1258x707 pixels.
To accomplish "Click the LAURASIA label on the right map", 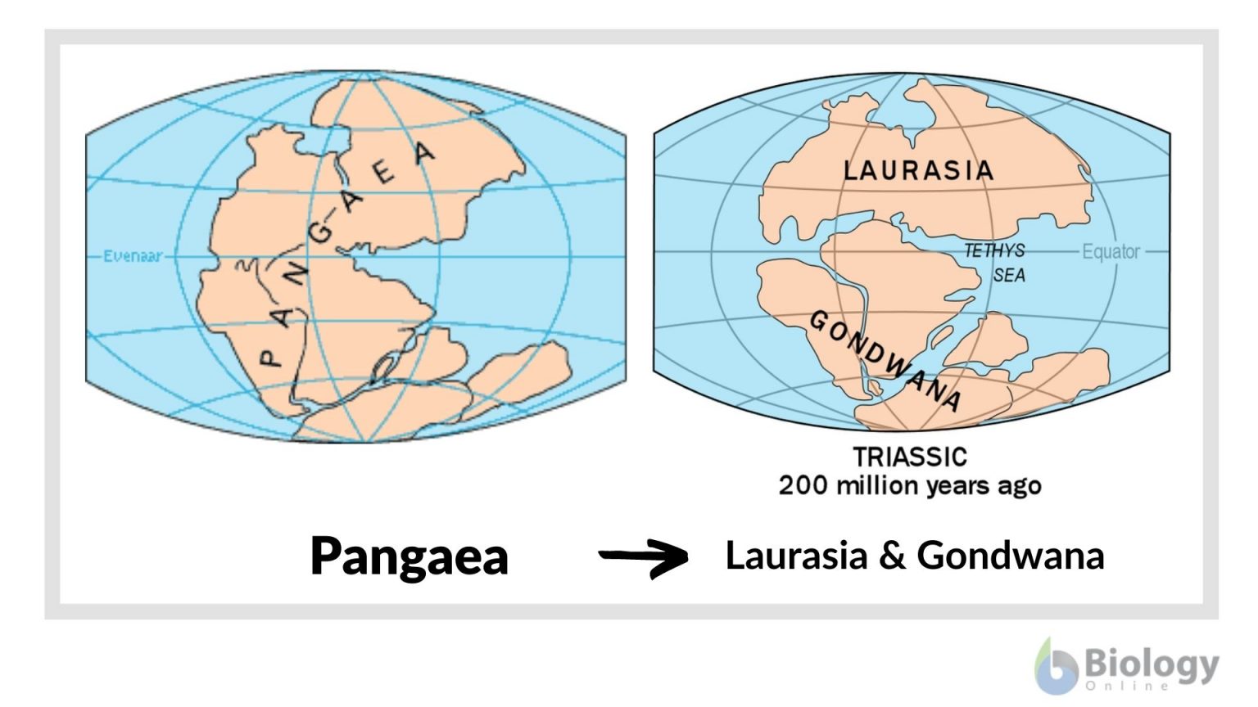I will coord(918,170).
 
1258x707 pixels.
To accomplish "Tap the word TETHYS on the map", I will coord(993,250).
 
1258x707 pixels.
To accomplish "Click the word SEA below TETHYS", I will coord(1009,276).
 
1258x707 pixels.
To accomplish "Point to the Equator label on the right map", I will coord(1111,251).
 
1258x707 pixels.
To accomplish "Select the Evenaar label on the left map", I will coord(132,256).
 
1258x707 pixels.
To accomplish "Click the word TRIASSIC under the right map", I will coord(910,457).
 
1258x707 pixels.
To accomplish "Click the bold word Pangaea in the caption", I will coord(409,557).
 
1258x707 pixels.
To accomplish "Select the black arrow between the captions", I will coord(645,557).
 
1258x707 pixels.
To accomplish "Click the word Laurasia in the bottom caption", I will coord(796,556).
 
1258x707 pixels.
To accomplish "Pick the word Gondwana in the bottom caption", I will coord(1010,556).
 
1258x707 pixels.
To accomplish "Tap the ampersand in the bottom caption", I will coord(892,556).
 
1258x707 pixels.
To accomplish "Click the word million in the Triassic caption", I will coord(878,485).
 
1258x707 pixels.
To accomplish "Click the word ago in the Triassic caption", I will coord(1019,487).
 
